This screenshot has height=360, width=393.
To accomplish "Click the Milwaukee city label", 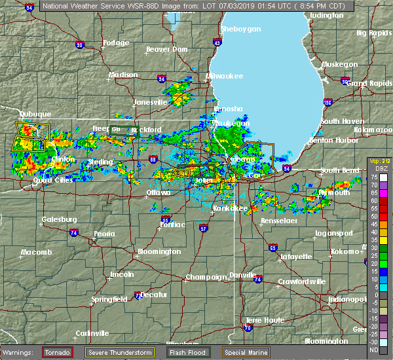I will point(225,77).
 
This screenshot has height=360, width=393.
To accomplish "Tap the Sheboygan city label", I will point(241,29).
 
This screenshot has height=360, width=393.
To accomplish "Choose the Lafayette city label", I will point(296,257).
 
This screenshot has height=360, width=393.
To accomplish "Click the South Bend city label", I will point(339,170).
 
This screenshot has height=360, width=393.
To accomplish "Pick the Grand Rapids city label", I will point(369,84).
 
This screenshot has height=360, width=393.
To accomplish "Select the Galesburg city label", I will point(59,219).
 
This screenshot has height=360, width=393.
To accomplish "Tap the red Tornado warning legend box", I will point(57,351).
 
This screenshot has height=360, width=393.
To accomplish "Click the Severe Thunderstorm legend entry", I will point(119,351).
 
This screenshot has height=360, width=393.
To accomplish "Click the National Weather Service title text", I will point(86,7).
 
